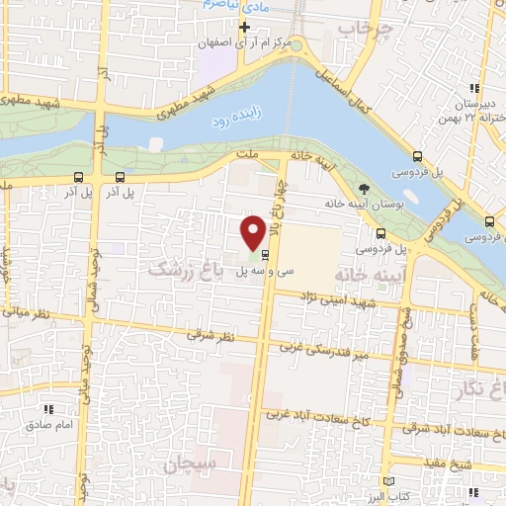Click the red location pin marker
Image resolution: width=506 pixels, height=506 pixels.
[x=253, y=232]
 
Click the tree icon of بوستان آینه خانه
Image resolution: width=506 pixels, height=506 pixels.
[x=365, y=187]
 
